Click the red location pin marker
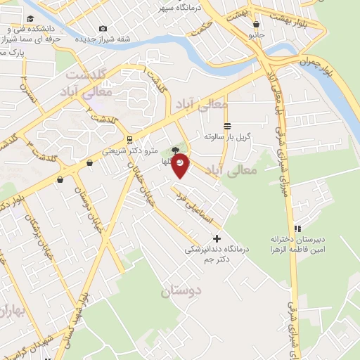(181, 163)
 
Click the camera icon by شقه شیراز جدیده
(103, 28)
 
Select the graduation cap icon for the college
(30, 19)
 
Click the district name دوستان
(181, 290)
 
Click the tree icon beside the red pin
(175, 149)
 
